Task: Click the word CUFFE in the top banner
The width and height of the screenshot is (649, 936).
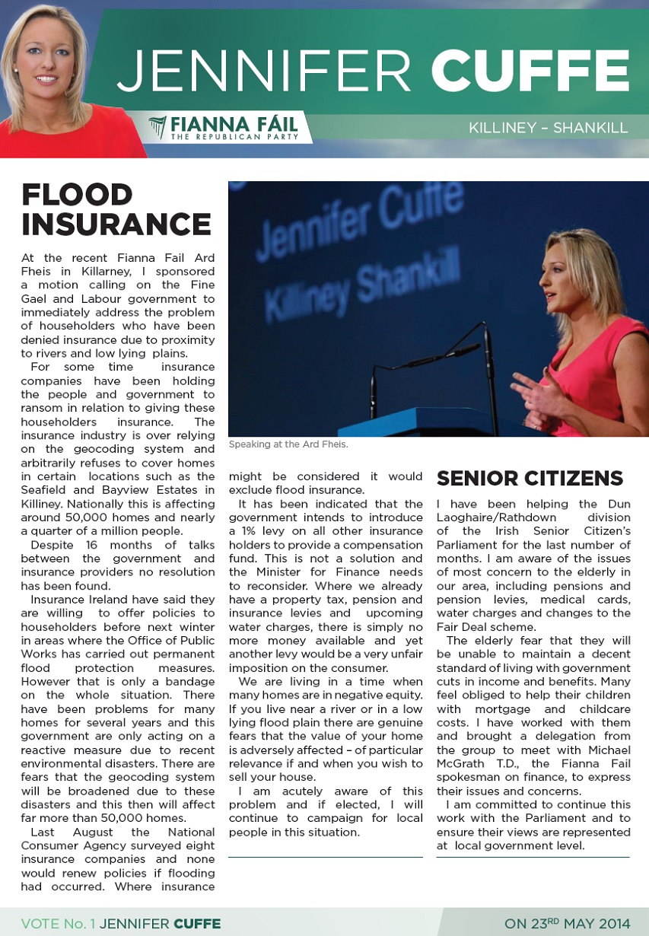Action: pyautogui.click(x=530, y=71)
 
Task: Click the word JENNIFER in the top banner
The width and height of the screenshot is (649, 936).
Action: pyautogui.click(x=265, y=71)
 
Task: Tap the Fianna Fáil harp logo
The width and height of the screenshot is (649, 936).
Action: pyautogui.click(x=157, y=127)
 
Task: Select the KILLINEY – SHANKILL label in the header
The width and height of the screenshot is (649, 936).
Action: pyautogui.click(x=549, y=128)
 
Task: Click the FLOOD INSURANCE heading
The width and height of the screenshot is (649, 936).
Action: pyautogui.click(x=116, y=209)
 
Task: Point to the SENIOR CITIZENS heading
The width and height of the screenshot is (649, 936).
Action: pyautogui.click(x=530, y=478)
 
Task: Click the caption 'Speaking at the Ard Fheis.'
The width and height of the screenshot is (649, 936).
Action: pyautogui.click(x=288, y=444)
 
